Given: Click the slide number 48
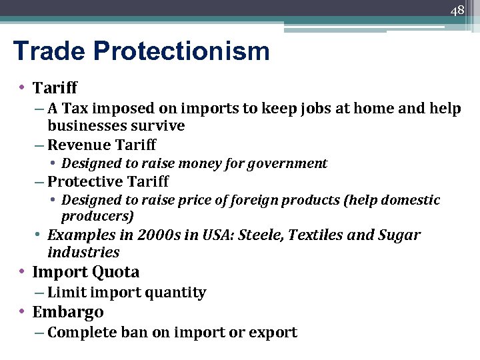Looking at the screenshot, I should coord(457,11).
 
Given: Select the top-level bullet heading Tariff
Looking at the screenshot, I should coord(55,87).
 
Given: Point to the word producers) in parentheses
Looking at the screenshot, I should coord(97,217).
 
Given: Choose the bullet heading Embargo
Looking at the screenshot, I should coord(68,312).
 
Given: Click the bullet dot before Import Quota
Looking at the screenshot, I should coord(23,272).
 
